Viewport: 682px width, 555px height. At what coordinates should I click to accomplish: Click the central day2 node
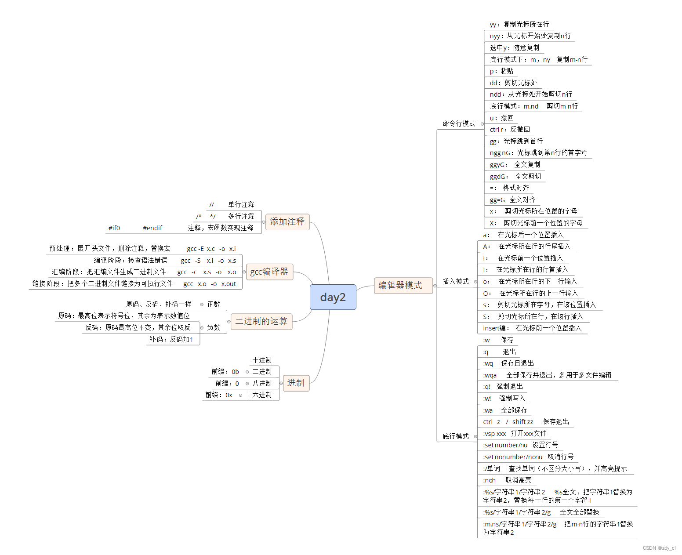(333, 297)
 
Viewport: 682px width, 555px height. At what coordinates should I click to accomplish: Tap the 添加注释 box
(287, 221)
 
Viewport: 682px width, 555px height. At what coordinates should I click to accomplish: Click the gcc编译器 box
(269, 272)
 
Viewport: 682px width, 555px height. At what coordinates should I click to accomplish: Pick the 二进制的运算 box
(261, 321)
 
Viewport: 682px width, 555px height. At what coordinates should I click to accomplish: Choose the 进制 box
(296, 383)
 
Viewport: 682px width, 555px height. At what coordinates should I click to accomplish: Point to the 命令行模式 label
(459, 123)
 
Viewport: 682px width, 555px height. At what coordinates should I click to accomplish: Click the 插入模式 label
(455, 281)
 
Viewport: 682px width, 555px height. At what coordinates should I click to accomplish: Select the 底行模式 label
(455, 436)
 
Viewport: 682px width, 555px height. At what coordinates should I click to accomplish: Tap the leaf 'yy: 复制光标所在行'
(519, 24)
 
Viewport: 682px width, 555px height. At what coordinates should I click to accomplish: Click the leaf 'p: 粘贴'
(501, 71)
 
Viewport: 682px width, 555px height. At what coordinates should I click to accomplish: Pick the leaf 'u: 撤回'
(501, 118)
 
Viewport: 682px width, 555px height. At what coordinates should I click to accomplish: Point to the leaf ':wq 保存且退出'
(508, 363)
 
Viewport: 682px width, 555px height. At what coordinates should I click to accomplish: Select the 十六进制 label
(259, 395)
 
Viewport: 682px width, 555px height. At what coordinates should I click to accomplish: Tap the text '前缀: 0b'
(225, 371)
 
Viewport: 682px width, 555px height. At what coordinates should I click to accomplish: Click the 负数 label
(214, 327)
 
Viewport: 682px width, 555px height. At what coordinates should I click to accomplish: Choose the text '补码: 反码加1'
(171, 339)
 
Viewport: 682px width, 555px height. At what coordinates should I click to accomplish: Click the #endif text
(152, 228)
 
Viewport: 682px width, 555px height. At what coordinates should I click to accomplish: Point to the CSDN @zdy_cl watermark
(659, 548)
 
